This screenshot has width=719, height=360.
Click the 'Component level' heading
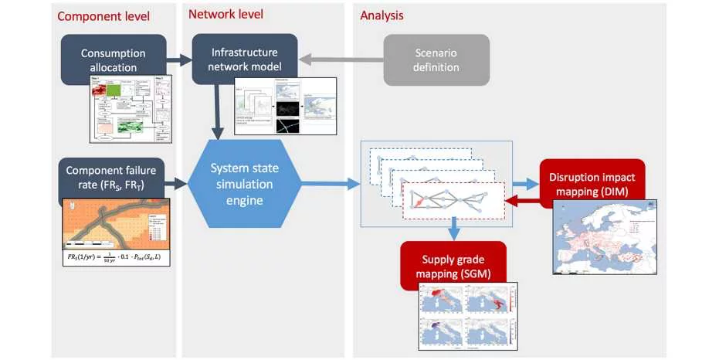pyautogui.click(x=103, y=16)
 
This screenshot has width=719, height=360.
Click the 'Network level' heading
pyautogui.click(x=226, y=14)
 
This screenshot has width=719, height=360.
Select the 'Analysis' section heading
pyautogui.click(x=382, y=15)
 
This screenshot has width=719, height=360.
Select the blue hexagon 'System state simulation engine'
pyautogui.click(x=245, y=183)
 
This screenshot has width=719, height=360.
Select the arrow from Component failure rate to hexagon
pyautogui.click(x=178, y=183)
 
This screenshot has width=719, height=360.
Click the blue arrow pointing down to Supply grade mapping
pyautogui.click(x=455, y=227)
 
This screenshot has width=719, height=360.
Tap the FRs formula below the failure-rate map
pyautogui.click(x=115, y=256)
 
